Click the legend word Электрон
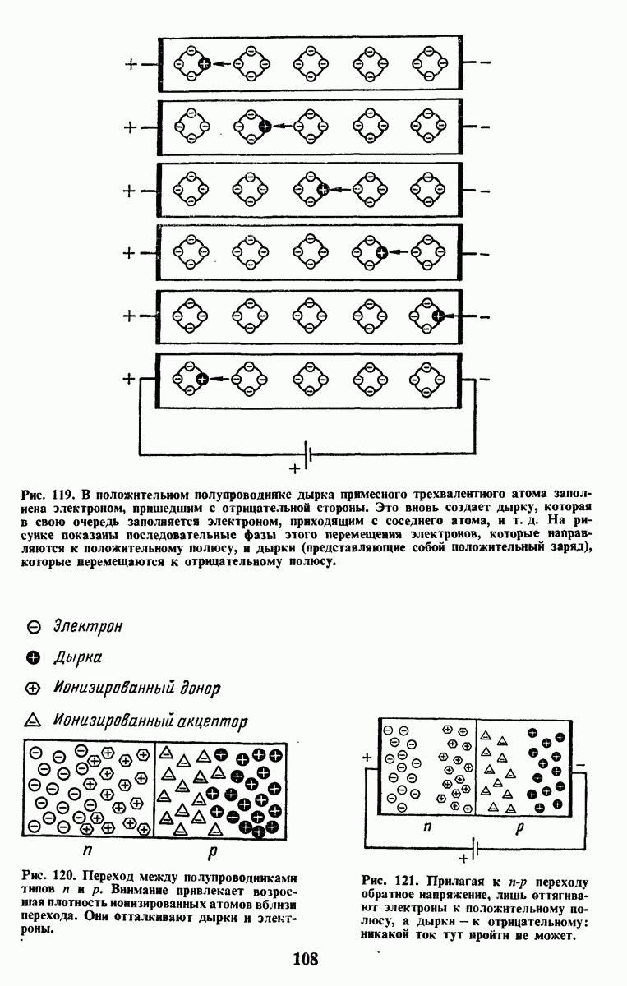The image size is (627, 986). point(88,627)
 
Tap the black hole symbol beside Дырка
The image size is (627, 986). point(34,657)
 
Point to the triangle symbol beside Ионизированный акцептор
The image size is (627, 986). point(34,720)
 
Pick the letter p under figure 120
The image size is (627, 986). point(213,853)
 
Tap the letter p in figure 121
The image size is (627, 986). point(520,828)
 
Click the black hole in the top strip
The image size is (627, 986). point(205,63)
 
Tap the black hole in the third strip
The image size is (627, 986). point(323,190)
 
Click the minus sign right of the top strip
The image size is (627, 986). point(485,63)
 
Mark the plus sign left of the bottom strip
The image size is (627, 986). point(128,379)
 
